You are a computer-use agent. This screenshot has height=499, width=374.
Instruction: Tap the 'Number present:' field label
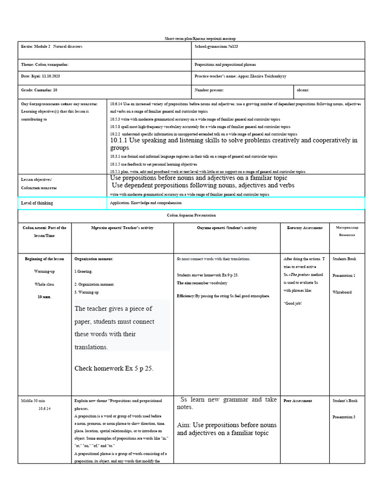[x=209, y=90]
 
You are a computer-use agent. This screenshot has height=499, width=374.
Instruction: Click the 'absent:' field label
[x=303, y=90]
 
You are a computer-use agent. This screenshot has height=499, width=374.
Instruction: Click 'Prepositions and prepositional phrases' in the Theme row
[x=225, y=64]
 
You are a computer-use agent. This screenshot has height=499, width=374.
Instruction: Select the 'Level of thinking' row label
[x=37, y=203]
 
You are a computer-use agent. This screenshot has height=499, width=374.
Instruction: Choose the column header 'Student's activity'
[x=227, y=228]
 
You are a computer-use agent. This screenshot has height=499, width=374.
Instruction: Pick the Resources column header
[x=347, y=231]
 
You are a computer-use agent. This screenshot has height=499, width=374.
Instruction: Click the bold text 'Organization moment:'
[x=93, y=259]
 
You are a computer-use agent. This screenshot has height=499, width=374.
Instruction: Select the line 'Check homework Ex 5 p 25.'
[x=113, y=368]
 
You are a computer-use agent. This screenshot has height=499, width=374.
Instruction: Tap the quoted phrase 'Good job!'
[x=293, y=303]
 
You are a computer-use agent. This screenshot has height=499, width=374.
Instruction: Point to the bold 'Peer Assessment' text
[x=298, y=401]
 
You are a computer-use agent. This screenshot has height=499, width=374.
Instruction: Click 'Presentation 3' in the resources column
[x=344, y=417]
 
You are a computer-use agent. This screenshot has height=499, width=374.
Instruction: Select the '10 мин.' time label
[x=45, y=296]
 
